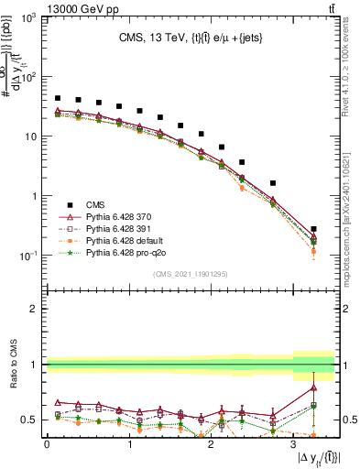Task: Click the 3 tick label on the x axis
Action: pos(293,443)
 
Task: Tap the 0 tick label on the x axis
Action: pos(47,443)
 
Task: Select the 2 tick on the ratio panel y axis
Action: pos(37,309)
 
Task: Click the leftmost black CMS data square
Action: pos(58,98)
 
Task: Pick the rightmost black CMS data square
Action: pos(314,229)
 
